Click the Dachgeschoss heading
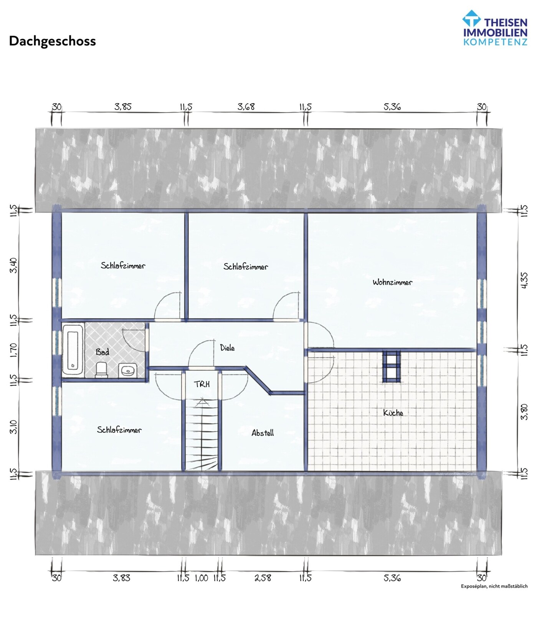pyautogui.click(x=52, y=41)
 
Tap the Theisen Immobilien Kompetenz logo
pyautogui.click(x=494, y=28)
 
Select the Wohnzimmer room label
pyautogui.click(x=392, y=282)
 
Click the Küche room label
pyautogui.click(x=393, y=413)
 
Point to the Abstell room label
pyautogui.click(x=263, y=433)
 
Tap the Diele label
pyautogui.click(x=227, y=348)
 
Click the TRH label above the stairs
pyautogui.click(x=202, y=384)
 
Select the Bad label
pyautogui.click(x=102, y=352)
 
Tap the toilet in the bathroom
pyautogui.click(x=101, y=370)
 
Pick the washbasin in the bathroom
pyautogui.click(x=127, y=371)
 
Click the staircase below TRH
pyautogui.click(x=202, y=434)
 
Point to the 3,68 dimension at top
pyautogui.click(x=246, y=107)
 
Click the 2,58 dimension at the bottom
pyautogui.click(x=263, y=578)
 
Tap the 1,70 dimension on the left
pyautogui.click(x=14, y=350)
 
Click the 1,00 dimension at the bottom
pyautogui.click(x=202, y=578)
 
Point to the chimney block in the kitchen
pyautogui.click(x=391, y=366)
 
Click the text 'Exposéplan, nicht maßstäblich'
pyautogui.click(x=494, y=586)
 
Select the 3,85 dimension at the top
pyautogui.click(x=123, y=107)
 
